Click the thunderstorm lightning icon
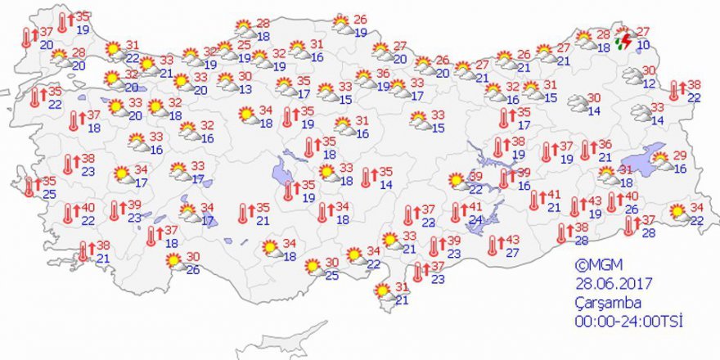click(623, 38)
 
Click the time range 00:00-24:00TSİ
click(628, 320)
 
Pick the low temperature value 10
click(644, 44)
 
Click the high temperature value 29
click(679, 155)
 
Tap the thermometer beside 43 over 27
click(493, 245)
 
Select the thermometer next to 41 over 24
click(456, 213)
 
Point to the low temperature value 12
click(650, 84)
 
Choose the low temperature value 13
click(245, 89)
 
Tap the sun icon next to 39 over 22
click(457, 180)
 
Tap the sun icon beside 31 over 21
click(381, 290)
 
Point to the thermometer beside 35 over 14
click(366, 178)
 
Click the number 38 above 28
click(581, 227)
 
